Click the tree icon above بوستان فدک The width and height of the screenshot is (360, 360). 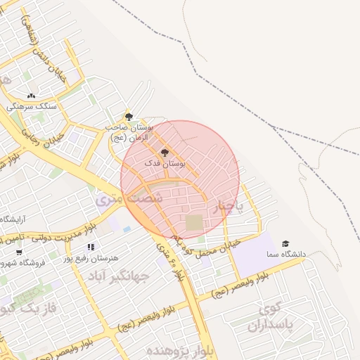[165, 152]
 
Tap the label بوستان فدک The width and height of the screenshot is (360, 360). [165, 163]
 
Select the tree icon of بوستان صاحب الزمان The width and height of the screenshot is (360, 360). [128, 116]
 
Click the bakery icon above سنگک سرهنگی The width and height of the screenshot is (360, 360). [31, 96]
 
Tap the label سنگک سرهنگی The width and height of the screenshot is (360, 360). [31, 107]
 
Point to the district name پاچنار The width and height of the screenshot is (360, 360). [227, 206]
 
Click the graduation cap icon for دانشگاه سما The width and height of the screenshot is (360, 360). [285, 243]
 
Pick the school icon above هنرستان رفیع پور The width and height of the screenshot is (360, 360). [91, 247]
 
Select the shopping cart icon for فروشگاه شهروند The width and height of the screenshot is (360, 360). [18, 252]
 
